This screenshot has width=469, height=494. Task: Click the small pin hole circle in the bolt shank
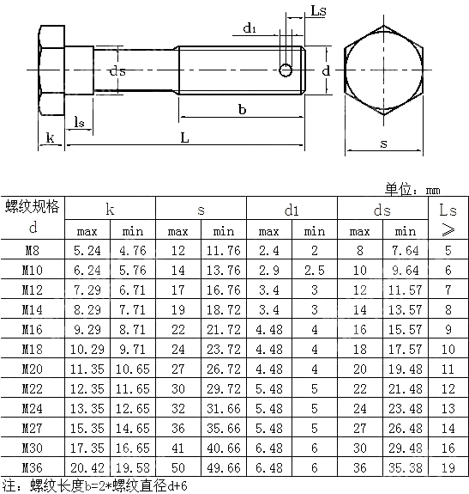[x=286, y=69]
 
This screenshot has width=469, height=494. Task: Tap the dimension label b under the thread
[x=243, y=109]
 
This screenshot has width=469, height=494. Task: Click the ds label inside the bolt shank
[x=118, y=71]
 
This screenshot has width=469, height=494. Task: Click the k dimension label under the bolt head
[x=50, y=137]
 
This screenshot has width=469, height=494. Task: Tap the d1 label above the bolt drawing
[x=250, y=28]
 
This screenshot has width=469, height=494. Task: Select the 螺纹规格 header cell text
[x=33, y=206]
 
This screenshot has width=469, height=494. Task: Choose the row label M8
[x=33, y=251]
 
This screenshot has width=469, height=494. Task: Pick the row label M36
[x=33, y=467]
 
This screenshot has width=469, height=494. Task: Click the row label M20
[x=33, y=369]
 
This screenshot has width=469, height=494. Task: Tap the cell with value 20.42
[x=87, y=467]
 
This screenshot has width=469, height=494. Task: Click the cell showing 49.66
[x=224, y=467]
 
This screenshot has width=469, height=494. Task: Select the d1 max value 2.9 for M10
[x=269, y=271]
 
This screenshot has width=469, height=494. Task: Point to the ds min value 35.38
[x=405, y=467]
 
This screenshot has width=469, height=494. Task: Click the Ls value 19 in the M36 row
[x=448, y=467]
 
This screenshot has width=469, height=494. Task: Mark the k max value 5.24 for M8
[x=87, y=251]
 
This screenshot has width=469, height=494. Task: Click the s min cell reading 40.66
[x=224, y=448]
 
